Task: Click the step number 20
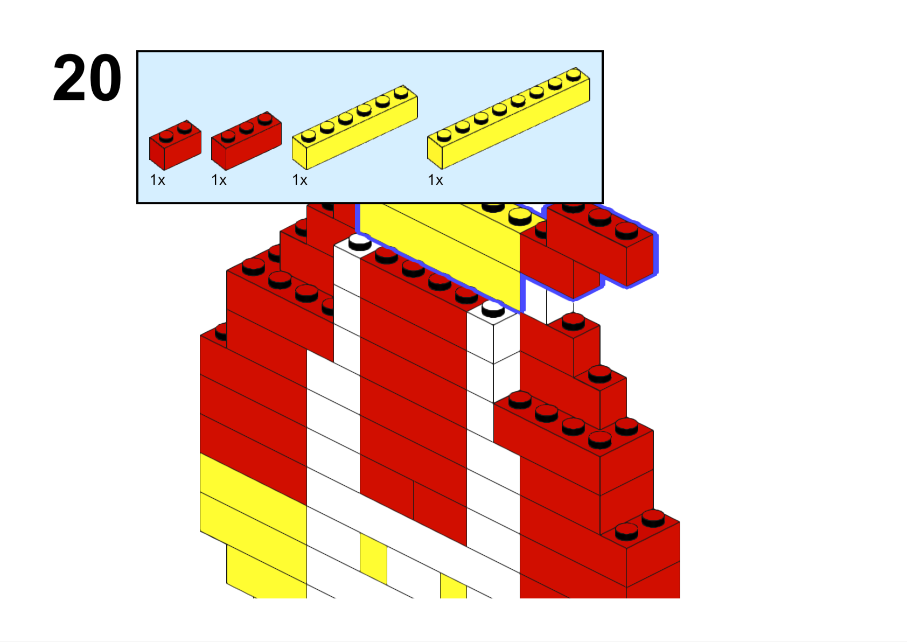tap(87, 78)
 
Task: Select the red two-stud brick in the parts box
tap(175, 145)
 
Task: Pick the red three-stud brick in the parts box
tap(246, 141)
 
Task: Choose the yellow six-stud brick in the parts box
tap(355, 128)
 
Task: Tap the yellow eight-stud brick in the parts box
tap(508, 118)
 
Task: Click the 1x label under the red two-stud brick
tap(157, 180)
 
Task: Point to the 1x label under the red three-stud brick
tap(219, 180)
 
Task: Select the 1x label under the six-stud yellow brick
tap(300, 180)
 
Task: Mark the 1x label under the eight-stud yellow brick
tap(436, 180)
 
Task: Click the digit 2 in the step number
tap(69, 78)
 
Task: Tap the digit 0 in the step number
tap(104, 78)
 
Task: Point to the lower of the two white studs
tap(493, 310)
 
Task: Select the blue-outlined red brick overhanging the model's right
tap(601, 246)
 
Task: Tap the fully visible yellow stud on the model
tap(520, 217)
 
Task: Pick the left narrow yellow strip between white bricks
tap(373, 559)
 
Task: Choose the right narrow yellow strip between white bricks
tap(453, 585)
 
